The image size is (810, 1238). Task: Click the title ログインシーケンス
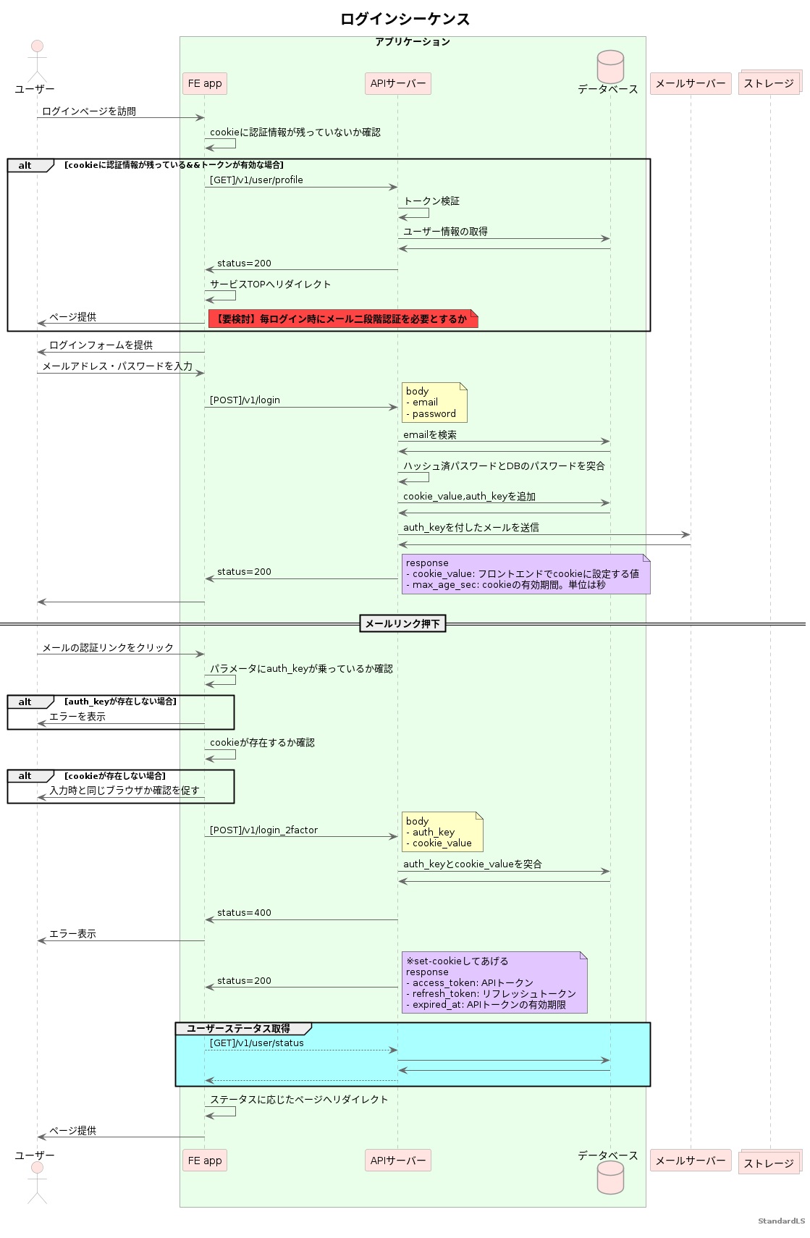(405, 20)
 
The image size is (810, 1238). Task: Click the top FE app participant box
(205, 84)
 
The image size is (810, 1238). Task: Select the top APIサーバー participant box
(398, 84)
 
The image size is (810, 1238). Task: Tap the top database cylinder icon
(610, 67)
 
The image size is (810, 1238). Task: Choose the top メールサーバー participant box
(690, 84)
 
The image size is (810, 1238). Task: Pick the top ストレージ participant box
(769, 83)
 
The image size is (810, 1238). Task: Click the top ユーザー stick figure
(37, 61)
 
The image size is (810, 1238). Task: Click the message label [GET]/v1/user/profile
(256, 180)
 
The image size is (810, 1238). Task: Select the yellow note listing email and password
(434, 403)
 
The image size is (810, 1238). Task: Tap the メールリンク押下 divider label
(402, 623)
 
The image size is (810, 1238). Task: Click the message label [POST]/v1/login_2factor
(263, 830)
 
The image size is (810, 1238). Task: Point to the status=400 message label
(244, 913)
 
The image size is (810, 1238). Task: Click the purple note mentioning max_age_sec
(526, 574)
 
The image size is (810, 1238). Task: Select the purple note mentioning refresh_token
(494, 982)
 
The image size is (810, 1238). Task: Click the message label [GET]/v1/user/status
(257, 1043)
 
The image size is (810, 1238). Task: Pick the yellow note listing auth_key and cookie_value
(442, 832)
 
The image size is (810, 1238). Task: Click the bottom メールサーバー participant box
(690, 1161)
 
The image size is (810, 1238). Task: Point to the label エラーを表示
(77, 717)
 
